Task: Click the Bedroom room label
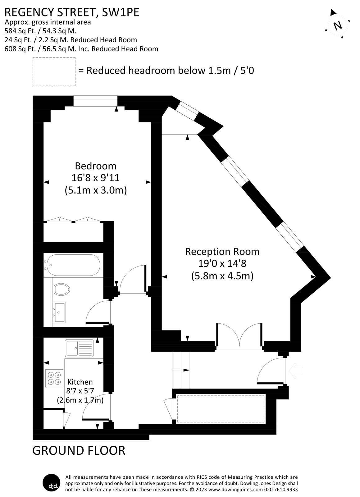[95, 166]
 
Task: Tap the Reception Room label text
[222, 251]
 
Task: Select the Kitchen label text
[80, 382]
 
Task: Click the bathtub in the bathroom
[72, 265]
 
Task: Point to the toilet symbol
[61, 289]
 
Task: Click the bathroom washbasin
[59, 312]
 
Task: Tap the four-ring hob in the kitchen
[54, 378]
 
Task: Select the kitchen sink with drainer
[79, 348]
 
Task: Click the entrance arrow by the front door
[295, 371]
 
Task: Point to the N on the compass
[338, 25]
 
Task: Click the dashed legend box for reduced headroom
[54, 71]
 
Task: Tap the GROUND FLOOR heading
[79, 450]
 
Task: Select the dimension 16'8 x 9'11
[95, 178]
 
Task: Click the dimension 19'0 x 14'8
[222, 264]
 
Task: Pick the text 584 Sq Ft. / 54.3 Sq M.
[40, 31]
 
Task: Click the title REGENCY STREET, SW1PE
[72, 12]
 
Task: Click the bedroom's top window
[95, 101]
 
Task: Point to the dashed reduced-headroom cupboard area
[221, 409]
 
